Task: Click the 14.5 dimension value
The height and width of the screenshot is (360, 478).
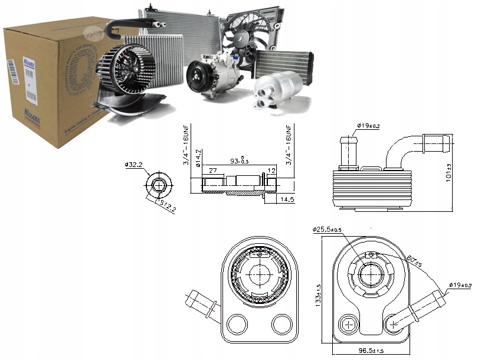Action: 287,201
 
